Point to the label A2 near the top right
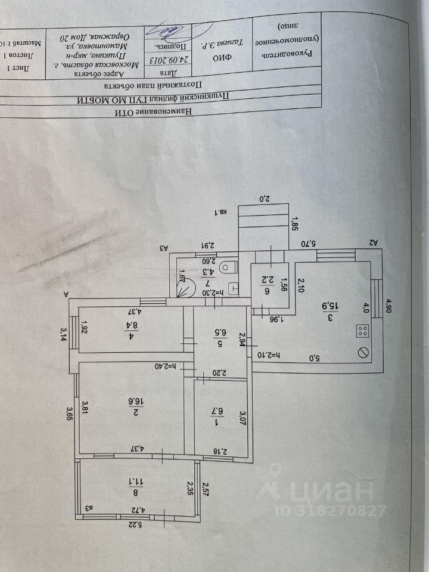coord(374,243)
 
